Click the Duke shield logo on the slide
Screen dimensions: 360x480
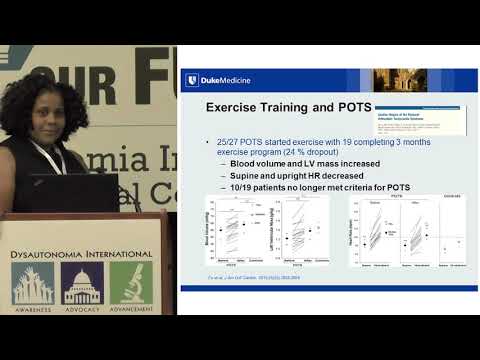(x=191, y=81)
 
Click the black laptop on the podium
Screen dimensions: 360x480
(x=74, y=192)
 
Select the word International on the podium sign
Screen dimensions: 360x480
(x=122, y=254)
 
